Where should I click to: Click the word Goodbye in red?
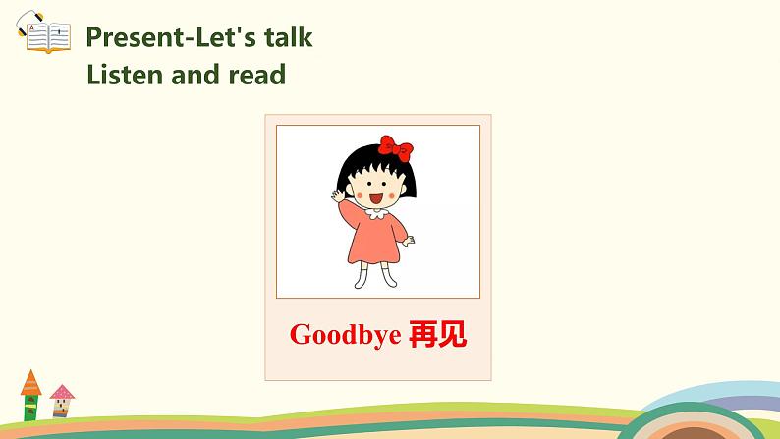tap(345, 335)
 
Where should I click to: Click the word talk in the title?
tap(281, 37)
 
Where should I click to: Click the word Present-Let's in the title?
tap(163, 37)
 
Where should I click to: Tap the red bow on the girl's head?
tap(395, 148)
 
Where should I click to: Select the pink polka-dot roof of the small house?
tap(62, 393)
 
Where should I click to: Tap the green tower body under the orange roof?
tap(30, 406)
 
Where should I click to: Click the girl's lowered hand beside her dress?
tap(410, 240)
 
